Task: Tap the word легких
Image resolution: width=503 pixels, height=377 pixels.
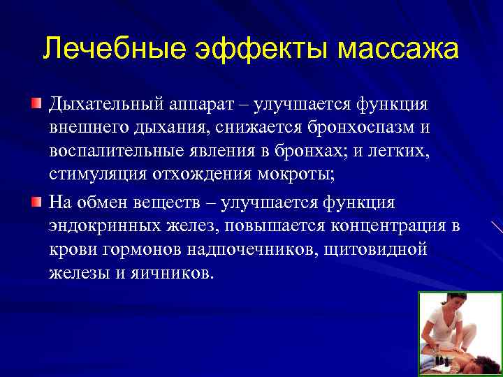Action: pyautogui.click(x=403, y=152)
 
